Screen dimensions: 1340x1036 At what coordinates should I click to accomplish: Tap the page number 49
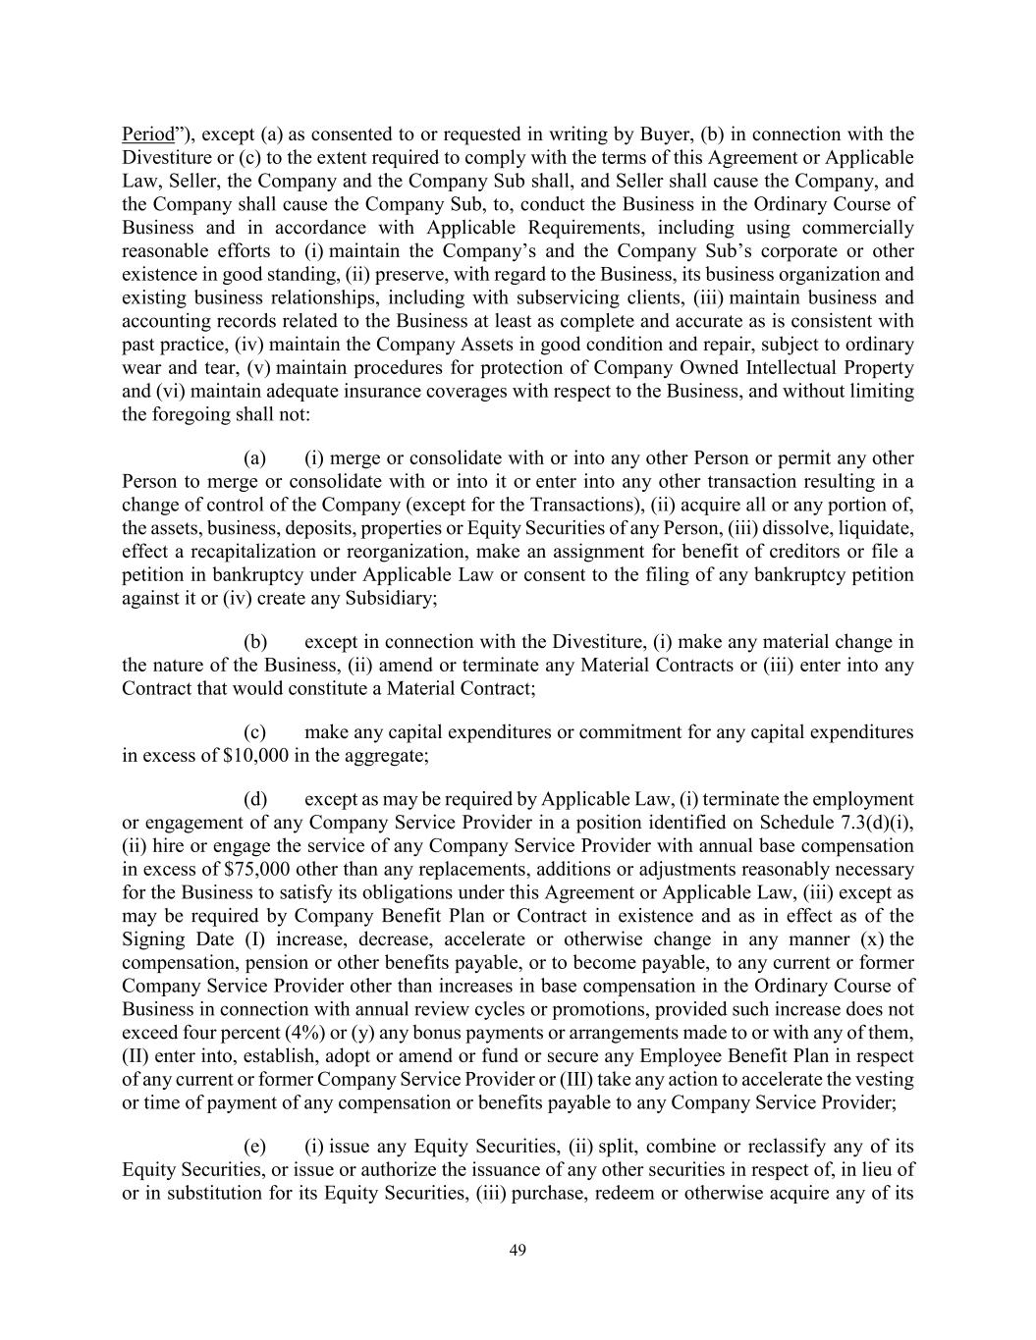pyautogui.click(x=518, y=1250)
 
